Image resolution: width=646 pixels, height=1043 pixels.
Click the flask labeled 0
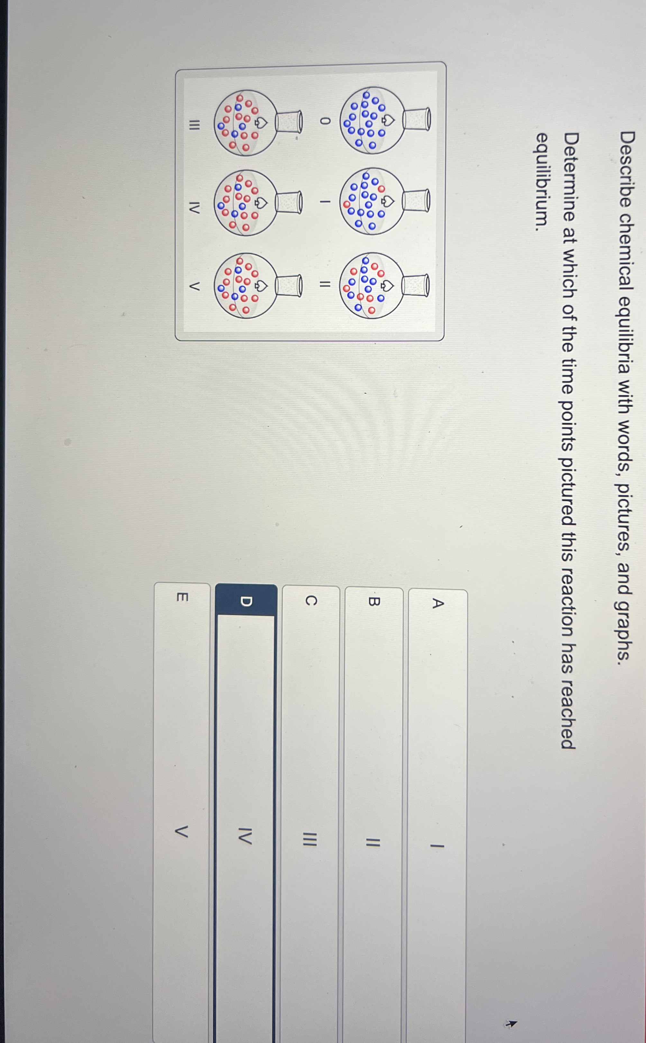pyautogui.click(x=372, y=121)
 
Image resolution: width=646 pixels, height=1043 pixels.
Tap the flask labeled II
pyautogui.click(x=372, y=285)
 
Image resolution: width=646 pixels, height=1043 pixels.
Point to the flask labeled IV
pyautogui.click(x=246, y=203)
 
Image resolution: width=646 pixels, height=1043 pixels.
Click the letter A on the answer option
pyautogui.click(x=438, y=603)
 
